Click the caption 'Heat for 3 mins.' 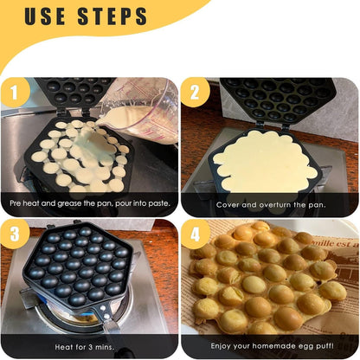[91, 344]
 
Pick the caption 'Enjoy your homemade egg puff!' [270, 344]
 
